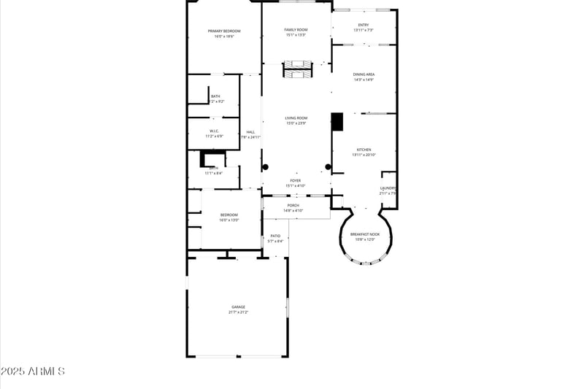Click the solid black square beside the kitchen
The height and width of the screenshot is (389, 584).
(337, 122)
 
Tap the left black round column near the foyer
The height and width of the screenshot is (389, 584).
(266, 166)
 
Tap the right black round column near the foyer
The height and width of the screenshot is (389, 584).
(328, 167)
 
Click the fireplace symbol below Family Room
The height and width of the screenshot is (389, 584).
(297, 70)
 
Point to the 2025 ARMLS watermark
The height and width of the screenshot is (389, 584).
(33, 371)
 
